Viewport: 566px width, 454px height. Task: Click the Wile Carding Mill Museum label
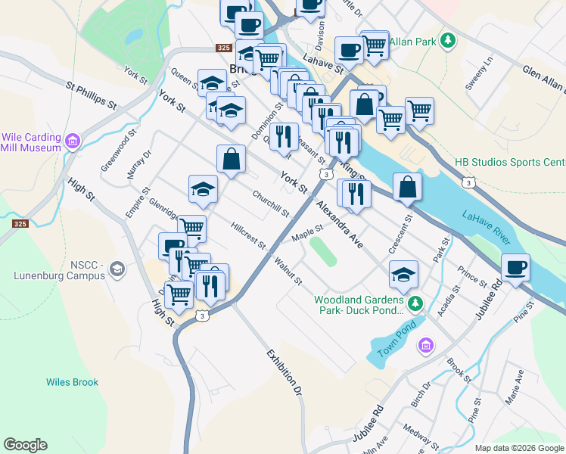(x=31, y=142)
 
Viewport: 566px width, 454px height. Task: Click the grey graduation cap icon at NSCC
(x=117, y=269)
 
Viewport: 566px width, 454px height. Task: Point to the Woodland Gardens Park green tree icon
(x=415, y=304)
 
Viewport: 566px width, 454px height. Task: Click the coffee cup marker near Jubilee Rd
(x=515, y=268)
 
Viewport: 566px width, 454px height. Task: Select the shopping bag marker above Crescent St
(x=407, y=188)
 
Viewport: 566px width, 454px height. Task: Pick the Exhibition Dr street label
(x=284, y=373)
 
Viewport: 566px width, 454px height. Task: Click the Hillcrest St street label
(x=249, y=235)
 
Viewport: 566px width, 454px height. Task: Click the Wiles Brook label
(x=72, y=382)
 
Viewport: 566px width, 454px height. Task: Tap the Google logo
(x=25, y=445)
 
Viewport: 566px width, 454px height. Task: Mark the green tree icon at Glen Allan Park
(x=449, y=40)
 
